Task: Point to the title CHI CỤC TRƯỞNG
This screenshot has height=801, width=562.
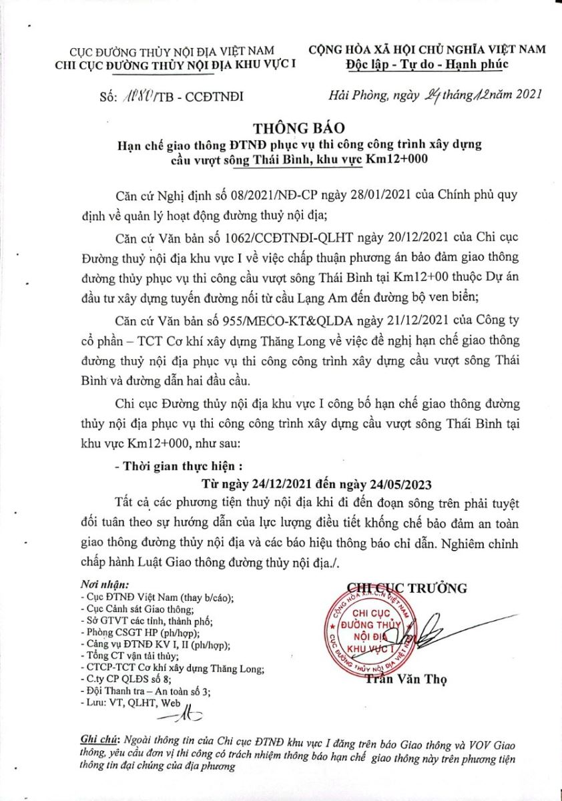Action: pos(407,587)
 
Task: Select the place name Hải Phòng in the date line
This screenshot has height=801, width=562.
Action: pos(357,96)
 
